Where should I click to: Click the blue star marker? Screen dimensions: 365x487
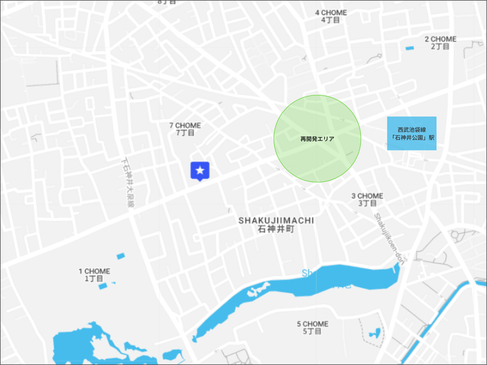pyautogui.click(x=200, y=170)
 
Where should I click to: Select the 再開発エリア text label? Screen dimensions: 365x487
pyautogui.click(x=317, y=139)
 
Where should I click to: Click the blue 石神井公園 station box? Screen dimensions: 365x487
pyautogui.click(x=411, y=133)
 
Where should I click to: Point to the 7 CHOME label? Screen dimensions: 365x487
pyautogui.click(x=184, y=125)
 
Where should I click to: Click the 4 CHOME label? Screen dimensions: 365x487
pyautogui.click(x=331, y=13)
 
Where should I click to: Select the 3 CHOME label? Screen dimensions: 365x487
pyautogui.click(x=367, y=195)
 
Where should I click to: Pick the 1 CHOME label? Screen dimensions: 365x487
pyautogui.click(x=94, y=271)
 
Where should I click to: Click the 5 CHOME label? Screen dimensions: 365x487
pyautogui.click(x=312, y=324)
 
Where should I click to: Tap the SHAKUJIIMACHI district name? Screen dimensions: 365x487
pyautogui.click(x=276, y=220)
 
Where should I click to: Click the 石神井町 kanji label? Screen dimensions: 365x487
pyautogui.click(x=276, y=229)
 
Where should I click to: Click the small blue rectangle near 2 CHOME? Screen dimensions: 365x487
pyautogui.click(x=409, y=48)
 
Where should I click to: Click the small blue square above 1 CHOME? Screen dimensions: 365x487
pyautogui.click(x=120, y=256)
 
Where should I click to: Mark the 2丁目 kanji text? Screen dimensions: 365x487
pyautogui.click(x=440, y=47)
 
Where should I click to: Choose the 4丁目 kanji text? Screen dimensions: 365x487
pyautogui.click(x=331, y=20)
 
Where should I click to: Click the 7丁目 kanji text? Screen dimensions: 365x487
pyautogui.click(x=184, y=133)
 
